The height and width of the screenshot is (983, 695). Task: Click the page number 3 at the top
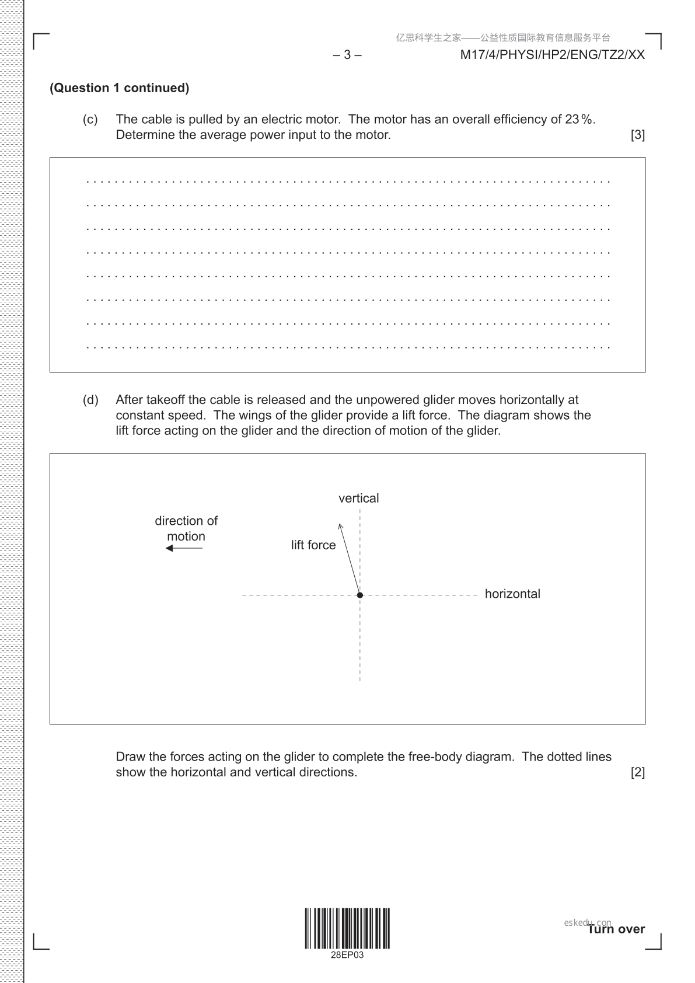tap(347, 55)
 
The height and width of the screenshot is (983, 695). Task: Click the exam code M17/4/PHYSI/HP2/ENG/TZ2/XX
tap(552, 55)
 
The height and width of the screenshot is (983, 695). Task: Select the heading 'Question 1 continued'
tap(120, 88)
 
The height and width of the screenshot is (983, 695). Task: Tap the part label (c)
tap(90, 120)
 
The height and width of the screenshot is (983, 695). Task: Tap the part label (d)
tap(90, 400)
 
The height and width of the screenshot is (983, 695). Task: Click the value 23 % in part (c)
tap(578, 120)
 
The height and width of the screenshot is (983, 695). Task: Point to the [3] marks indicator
tap(637, 135)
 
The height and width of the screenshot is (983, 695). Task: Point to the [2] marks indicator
tap(637, 772)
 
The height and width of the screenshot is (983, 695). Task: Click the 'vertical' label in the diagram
tap(358, 499)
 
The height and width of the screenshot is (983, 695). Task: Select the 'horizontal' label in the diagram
tap(512, 594)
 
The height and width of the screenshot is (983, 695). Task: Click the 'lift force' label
tap(313, 545)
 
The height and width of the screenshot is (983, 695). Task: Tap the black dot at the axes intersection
tap(360, 595)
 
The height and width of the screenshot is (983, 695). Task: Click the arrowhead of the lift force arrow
tap(341, 527)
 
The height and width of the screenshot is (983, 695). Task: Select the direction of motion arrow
tap(184, 548)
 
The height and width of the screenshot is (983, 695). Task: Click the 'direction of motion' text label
tap(186, 528)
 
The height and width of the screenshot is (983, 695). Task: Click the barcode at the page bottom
tap(347, 928)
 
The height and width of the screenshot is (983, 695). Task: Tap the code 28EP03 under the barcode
tap(347, 956)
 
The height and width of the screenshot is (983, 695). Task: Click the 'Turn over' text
tap(616, 929)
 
